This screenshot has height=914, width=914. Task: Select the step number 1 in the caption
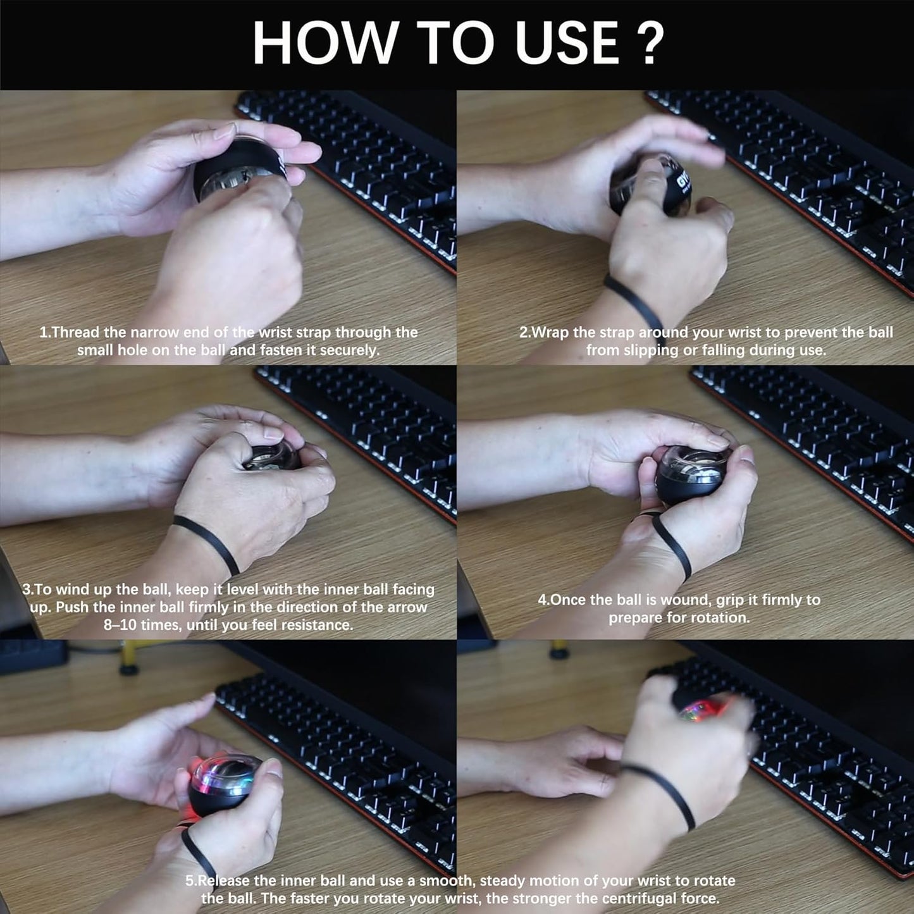click(44, 332)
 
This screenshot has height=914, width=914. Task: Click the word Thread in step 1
click(74, 332)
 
